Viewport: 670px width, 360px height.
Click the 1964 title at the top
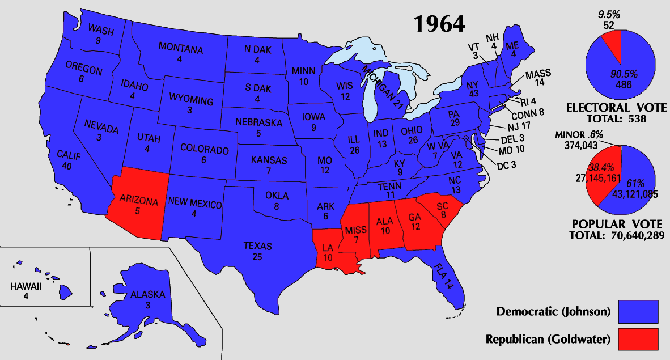(x=439, y=24)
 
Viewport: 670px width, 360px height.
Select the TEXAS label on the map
(x=257, y=246)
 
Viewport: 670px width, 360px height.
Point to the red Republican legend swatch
(x=638, y=339)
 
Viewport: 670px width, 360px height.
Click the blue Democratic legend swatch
(x=638, y=311)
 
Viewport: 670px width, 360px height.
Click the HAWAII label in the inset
(x=26, y=286)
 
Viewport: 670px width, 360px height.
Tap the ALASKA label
(x=147, y=294)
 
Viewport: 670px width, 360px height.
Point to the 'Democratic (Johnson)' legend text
(x=553, y=311)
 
